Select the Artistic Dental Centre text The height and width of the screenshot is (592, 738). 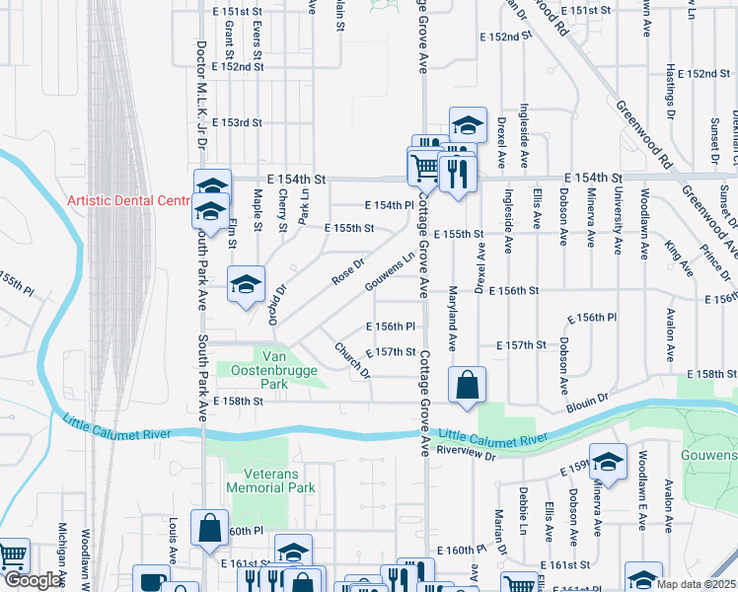coord(127,200)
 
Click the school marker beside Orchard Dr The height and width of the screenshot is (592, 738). coord(246,285)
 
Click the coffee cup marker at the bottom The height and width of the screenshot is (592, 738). coord(152,580)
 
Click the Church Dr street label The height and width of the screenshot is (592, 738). coord(352,360)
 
